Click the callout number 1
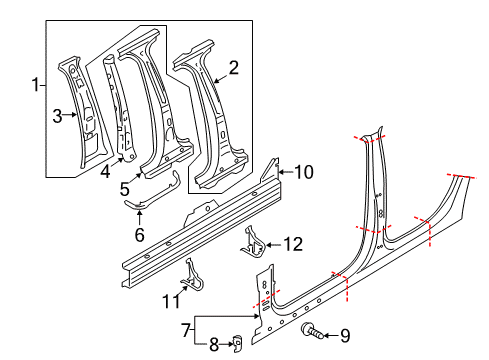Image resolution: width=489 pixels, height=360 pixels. [x=36, y=85]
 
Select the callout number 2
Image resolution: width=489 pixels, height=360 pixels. [x=234, y=67]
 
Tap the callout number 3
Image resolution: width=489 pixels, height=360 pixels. [x=57, y=116]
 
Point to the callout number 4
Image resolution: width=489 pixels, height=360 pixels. [x=105, y=172]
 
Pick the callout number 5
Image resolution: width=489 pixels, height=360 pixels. [x=124, y=189]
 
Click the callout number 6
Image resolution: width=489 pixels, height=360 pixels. [x=139, y=234]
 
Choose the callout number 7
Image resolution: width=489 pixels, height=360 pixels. [x=186, y=330]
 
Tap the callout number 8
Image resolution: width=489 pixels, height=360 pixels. [x=214, y=345]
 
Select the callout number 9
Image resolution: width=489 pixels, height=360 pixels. [x=345, y=336]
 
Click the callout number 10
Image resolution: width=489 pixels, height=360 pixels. [x=304, y=172]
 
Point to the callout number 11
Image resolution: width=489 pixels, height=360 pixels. [x=171, y=301]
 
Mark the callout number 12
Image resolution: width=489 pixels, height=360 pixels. [x=293, y=244]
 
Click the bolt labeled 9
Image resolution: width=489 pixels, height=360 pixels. [x=312, y=330]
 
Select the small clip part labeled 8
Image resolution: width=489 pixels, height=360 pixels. [x=236, y=343]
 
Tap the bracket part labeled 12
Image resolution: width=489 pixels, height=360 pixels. [x=253, y=243]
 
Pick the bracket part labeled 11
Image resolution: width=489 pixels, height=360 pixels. [x=192, y=275]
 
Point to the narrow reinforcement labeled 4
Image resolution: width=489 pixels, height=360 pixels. [x=119, y=108]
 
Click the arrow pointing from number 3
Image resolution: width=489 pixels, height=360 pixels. [x=70, y=115]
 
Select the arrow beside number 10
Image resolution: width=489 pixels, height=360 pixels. [x=286, y=172]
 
